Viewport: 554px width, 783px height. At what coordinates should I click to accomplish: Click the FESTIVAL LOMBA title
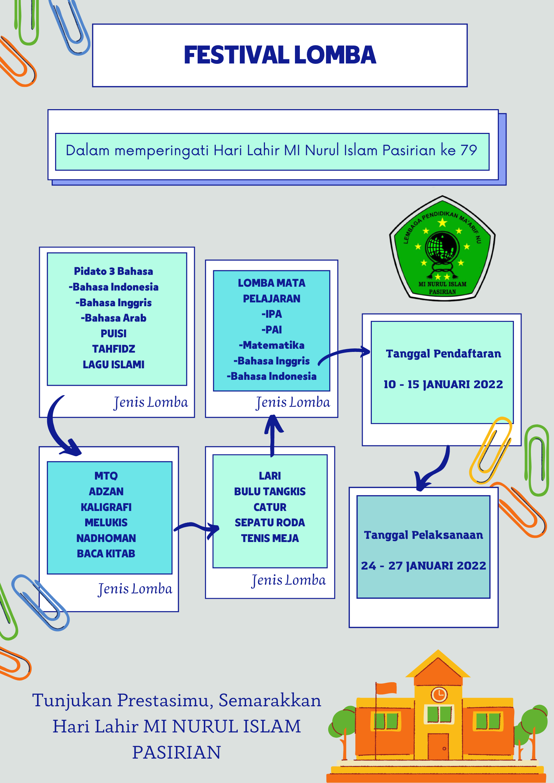[x=280, y=55]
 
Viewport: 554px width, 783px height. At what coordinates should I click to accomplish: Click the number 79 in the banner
[x=468, y=150]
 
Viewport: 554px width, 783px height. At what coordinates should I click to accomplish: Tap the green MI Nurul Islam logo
[x=442, y=248]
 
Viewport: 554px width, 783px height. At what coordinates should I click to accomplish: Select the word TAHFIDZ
[x=113, y=349]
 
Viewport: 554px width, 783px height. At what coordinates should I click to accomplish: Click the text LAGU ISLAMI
[x=113, y=364]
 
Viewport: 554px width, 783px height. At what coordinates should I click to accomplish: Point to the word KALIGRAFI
[x=106, y=507]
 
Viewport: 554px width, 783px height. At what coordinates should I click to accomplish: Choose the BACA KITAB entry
[x=106, y=554]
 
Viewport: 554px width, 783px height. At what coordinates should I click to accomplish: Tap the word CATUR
[x=270, y=507]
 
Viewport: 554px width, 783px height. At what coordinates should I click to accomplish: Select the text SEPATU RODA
[x=270, y=522]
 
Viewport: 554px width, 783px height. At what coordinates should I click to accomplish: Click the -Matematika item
[x=272, y=345]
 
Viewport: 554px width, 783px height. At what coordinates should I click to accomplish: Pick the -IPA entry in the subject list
[x=272, y=314]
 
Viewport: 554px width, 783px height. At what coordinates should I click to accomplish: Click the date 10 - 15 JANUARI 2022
[x=443, y=384]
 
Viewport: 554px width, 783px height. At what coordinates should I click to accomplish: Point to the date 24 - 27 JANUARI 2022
[x=423, y=566]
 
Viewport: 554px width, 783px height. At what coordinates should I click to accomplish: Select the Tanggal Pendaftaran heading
[x=443, y=354]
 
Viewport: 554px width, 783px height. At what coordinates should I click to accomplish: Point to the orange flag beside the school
[x=386, y=688]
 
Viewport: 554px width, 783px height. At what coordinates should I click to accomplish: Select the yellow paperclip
[x=490, y=450]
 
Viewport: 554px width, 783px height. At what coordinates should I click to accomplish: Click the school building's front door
[x=438, y=746]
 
